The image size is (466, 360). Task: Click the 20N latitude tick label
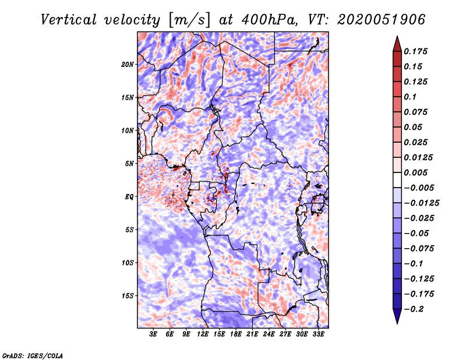(128, 64)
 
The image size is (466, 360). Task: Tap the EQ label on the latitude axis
(129, 197)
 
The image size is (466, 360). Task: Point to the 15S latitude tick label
(128, 296)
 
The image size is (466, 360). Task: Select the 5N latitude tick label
(129, 164)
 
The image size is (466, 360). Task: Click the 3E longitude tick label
(154, 334)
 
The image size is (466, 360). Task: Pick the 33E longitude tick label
(319, 334)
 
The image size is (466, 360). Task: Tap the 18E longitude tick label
(236, 334)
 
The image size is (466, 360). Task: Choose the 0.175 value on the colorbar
(418, 51)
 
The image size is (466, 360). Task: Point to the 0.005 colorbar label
(418, 172)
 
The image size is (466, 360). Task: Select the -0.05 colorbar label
(417, 233)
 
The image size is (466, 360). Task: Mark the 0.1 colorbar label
(412, 97)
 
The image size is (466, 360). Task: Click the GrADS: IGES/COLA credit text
(32, 355)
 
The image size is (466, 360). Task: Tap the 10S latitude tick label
(128, 263)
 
